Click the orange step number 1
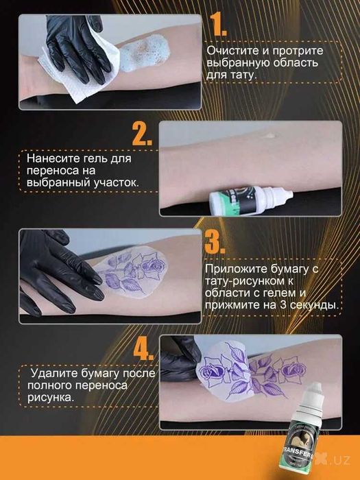pyautogui.click(x=217, y=25)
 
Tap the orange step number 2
pyautogui.click(x=142, y=134)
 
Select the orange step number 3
pyautogui.click(x=215, y=243)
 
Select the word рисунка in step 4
pyautogui.click(x=51, y=397)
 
